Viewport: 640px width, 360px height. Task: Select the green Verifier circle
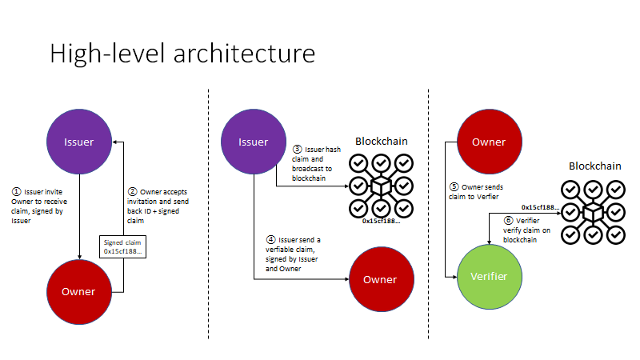pos(489,277)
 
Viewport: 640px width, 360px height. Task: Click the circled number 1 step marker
pos(16,192)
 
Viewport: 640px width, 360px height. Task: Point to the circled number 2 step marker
pos(133,192)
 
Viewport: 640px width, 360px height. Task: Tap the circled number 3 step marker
pos(297,150)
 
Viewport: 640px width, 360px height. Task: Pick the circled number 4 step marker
pos(271,240)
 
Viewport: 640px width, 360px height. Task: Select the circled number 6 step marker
pos(508,220)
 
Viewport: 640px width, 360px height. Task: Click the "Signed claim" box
pos(122,246)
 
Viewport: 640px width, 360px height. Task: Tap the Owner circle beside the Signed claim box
pos(78,291)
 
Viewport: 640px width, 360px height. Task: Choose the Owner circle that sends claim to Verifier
pos(489,142)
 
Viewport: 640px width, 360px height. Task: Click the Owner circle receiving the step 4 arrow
pos(380,279)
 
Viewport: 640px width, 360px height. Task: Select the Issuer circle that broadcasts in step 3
pos(253,142)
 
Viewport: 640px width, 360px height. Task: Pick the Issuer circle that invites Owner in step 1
pos(78,142)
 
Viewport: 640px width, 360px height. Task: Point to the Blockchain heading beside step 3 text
pos(381,142)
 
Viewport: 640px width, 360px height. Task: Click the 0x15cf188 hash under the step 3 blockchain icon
pos(380,220)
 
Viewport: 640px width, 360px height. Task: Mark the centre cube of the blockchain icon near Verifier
pos(593,213)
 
